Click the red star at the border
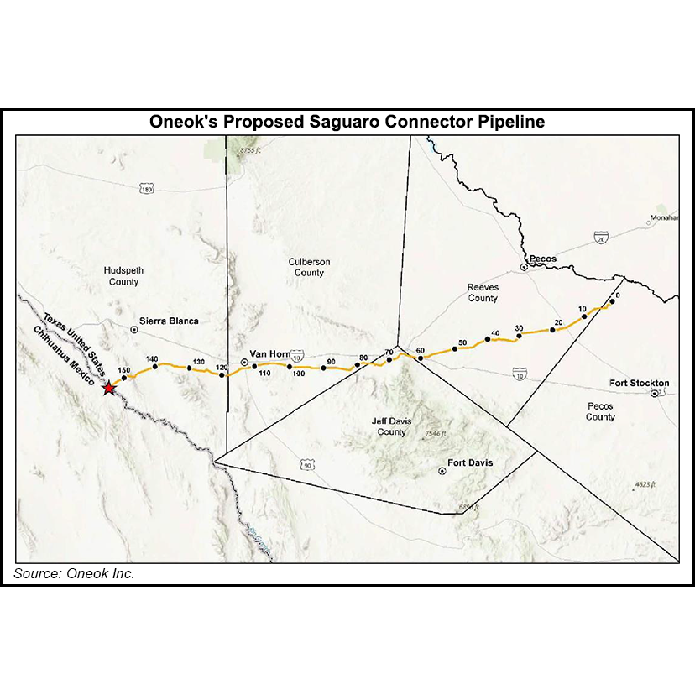(x=108, y=388)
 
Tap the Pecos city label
(x=542, y=259)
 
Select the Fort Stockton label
(x=639, y=384)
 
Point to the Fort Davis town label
(x=469, y=463)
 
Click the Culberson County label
(x=309, y=267)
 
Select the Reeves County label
(x=483, y=293)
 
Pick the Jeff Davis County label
(x=389, y=426)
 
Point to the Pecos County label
(x=600, y=411)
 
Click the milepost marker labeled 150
(x=124, y=378)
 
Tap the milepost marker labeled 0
(x=612, y=302)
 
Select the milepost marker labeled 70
(x=389, y=360)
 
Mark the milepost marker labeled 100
(x=290, y=366)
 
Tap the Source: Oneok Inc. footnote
(x=74, y=574)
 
